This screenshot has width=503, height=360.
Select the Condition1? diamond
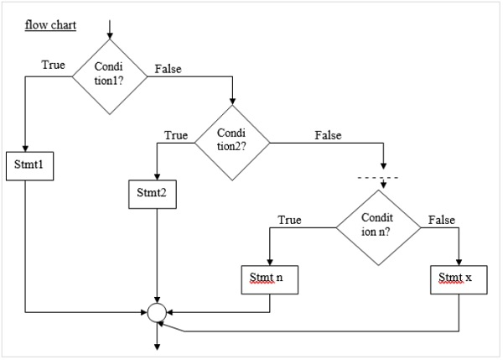[x=110, y=77]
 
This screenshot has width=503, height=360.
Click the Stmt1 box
[x=29, y=164]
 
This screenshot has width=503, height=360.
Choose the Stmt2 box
[x=152, y=193]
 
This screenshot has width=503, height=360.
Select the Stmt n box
[x=268, y=278]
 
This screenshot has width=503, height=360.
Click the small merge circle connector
[x=156, y=313]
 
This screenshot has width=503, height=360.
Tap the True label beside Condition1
[x=54, y=65]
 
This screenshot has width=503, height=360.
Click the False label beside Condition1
[x=169, y=68]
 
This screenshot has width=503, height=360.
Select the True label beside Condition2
[x=176, y=134]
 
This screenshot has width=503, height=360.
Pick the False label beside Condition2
[x=329, y=134]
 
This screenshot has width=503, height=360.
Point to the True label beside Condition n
[x=289, y=220]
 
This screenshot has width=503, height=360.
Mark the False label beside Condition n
[x=441, y=220]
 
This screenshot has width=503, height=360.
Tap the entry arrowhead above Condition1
[x=110, y=36]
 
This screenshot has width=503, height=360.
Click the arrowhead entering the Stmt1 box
[x=28, y=149]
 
